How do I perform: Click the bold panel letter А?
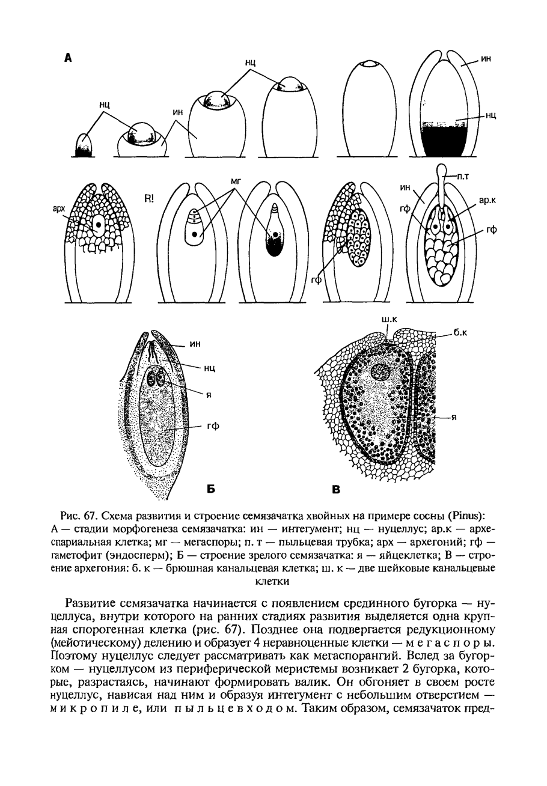click(x=68, y=58)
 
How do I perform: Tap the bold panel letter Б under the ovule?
click(x=211, y=489)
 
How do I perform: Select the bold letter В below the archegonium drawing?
click(x=337, y=490)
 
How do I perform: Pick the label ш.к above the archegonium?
click(x=388, y=319)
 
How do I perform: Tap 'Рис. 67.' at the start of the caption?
click(x=80, y=516)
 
